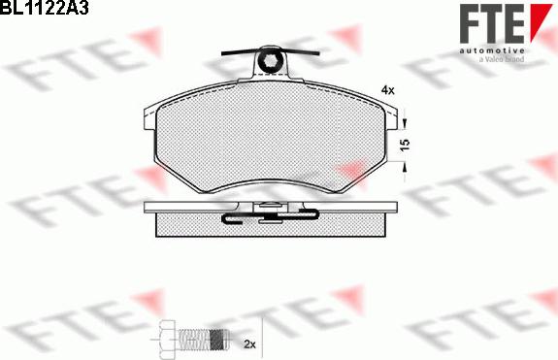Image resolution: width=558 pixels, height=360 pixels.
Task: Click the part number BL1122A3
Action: point(44,7)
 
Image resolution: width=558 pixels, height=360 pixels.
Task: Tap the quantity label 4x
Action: point(387,90)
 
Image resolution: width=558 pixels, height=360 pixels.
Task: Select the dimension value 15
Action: point(406,144)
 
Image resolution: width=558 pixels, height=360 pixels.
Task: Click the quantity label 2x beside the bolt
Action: point(249,344)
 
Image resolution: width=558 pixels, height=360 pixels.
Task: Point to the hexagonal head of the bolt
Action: point(167,340)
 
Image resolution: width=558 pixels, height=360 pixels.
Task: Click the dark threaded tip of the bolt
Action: point(218,340)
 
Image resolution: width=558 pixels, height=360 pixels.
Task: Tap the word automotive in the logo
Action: point(492,50)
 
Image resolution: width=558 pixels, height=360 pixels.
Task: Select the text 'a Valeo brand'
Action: point(502,59)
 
